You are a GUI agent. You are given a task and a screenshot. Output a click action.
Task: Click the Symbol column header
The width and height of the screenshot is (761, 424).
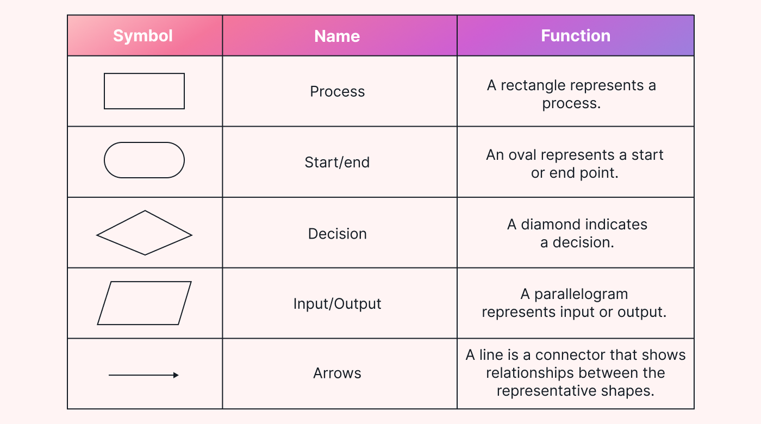(x=142, y=36)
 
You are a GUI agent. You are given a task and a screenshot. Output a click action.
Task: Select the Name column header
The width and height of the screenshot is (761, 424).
(x=337, y=36)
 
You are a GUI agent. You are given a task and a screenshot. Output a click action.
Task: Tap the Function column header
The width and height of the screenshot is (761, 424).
(x=575, y=36)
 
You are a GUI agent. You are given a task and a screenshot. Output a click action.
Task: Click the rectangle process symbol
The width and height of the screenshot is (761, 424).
(x=144, y=91)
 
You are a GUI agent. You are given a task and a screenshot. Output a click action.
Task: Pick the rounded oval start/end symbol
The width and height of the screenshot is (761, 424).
(x=144, y=160)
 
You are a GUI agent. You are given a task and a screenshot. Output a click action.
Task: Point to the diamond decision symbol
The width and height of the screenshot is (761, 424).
(x=144, y=233)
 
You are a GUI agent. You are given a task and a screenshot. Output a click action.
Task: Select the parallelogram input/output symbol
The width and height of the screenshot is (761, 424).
(x=144, y=303)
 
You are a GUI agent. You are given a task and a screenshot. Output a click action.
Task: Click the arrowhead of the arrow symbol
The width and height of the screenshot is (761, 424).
(x=176, y=375)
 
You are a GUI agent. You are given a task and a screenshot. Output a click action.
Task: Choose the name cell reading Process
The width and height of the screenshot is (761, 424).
(x=337, y=91)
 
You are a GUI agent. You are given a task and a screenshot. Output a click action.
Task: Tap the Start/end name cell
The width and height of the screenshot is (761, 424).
(x=337, y=162)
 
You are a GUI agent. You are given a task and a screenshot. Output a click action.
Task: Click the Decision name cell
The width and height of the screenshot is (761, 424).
(x=337, y=234)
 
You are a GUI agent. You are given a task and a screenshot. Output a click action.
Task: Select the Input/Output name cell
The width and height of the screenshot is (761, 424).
(x=337, y=303)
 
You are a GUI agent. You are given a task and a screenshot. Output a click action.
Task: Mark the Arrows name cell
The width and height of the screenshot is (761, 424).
(x=337, y=373)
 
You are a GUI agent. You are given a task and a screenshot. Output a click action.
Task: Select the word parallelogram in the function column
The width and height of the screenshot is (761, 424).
(x=581, y=295)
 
